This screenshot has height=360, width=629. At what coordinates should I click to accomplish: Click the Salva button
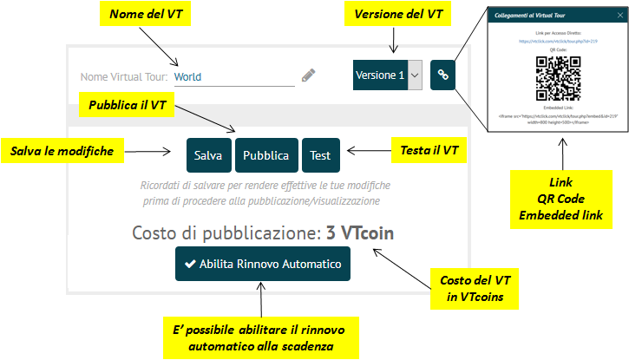tap(208, 155)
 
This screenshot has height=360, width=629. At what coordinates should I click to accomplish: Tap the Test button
tap(320, 155)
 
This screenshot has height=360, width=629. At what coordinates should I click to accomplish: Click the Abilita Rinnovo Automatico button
tap(262, 264)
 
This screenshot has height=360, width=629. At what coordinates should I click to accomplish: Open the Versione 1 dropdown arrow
tap(415, 75)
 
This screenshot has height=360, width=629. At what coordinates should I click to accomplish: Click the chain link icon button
tap(442, 75)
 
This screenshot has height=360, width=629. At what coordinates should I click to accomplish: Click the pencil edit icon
tap(309, 75)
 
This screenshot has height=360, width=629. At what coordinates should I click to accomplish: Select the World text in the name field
tap(188, 76)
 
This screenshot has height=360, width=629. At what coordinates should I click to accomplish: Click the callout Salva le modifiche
tap(62, 151)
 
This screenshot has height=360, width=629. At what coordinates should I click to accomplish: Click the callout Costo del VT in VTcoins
tap(476, 289)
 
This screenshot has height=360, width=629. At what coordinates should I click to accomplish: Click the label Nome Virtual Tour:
tap(124, 76)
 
